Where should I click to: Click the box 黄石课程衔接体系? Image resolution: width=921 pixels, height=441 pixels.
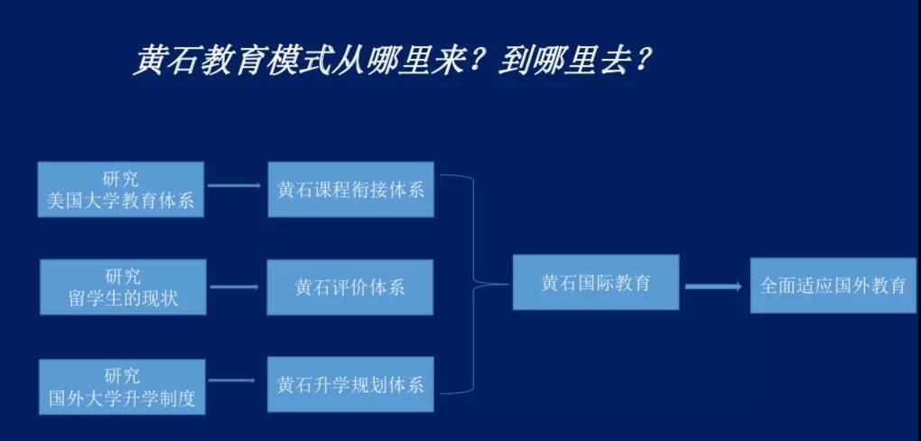tap(350, 190)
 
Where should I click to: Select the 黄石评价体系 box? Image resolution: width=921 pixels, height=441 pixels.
tap(350, 287)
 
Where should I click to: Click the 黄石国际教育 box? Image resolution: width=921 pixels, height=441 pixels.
tap(595, 282)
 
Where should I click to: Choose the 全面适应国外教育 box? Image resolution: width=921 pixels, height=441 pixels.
tap(833, 286)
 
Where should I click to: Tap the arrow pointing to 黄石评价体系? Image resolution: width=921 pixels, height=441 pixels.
tap(236, 287)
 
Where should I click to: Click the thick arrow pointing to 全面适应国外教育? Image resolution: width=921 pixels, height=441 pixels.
tap(714, 286)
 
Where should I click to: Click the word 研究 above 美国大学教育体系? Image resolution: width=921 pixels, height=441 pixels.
tap(121, 178)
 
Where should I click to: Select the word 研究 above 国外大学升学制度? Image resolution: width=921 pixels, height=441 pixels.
tap(121, 375)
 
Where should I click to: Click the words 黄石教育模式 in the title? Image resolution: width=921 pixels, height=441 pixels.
tap(224, 61)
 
